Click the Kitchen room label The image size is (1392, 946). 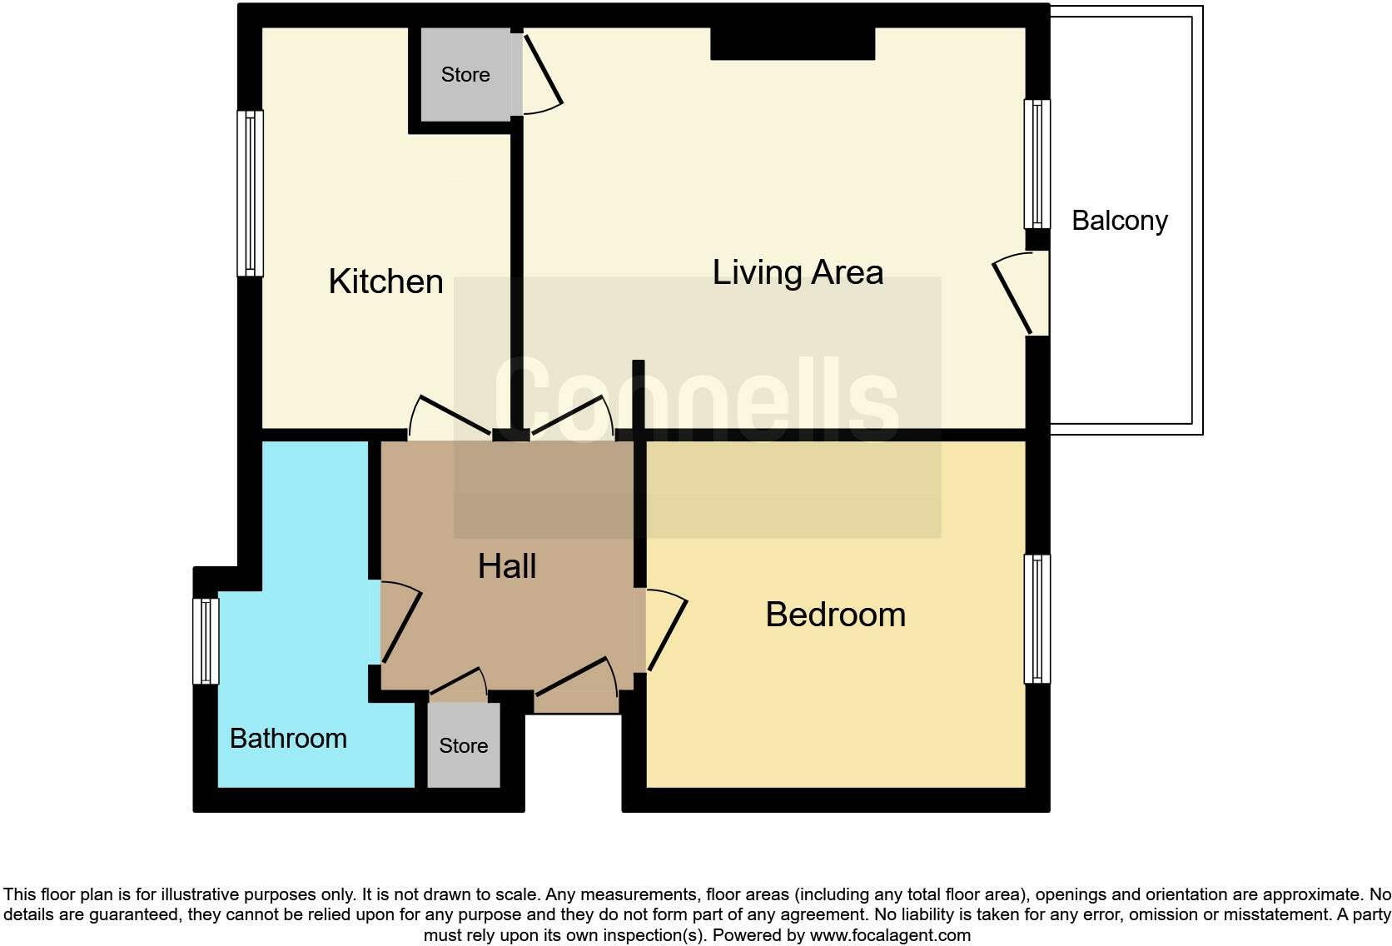pos(385,281)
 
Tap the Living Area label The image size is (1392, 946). pos(797,272)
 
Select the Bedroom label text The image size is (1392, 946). pos(835,615)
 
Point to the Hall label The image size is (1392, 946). pos(506,566)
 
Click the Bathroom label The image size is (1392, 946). pos(287,739)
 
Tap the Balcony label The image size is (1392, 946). pos(1119,221)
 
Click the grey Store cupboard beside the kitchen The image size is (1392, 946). pos(465,75)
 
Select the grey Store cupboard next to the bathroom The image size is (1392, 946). pos(464,745)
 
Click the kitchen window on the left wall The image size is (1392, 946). pos(250,193)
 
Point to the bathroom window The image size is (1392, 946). pos(206,641)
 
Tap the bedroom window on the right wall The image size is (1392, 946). pos(1037,619)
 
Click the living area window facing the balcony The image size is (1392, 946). pos(1037,163)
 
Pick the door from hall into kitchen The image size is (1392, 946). pos(450,416)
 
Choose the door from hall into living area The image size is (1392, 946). pos(573,416)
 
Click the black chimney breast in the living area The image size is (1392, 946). pos(792,43)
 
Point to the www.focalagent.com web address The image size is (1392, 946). pos(890,935)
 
